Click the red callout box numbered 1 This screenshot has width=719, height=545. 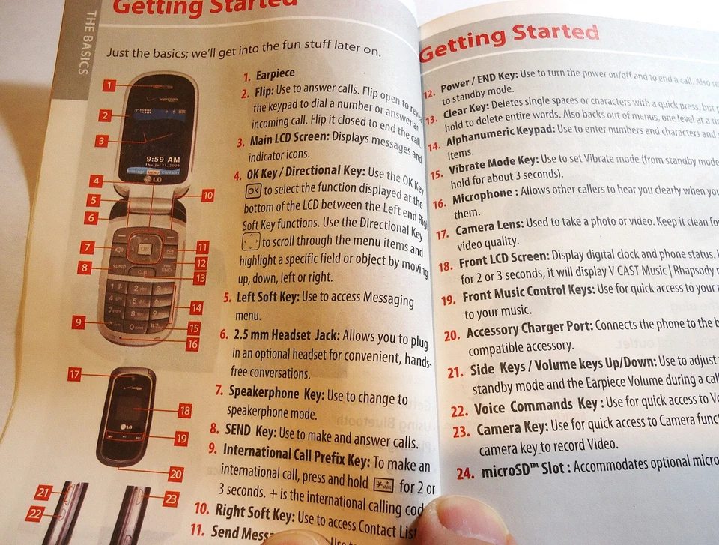pos(109,86)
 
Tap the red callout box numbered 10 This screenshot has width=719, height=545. pos(207,195)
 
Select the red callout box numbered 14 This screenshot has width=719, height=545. pos(196,307)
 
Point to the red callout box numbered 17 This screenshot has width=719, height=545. pos(74,374)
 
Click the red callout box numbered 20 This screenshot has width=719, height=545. pos(176,473)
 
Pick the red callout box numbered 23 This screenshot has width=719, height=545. pos(171,497)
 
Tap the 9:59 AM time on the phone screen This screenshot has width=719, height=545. pos(163,160)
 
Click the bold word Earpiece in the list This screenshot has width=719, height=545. pos(276,73)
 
